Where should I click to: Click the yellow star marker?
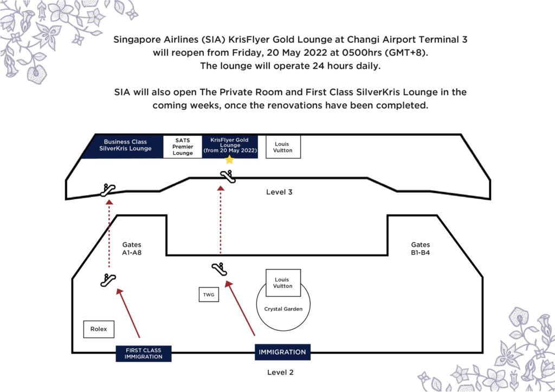(x=229, y=160)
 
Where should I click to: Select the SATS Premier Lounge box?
(x=183, y=147)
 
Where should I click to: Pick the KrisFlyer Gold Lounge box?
(x=230, y=146)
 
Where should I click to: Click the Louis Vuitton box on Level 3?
(x=283, y=147)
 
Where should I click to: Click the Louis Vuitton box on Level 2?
(x=283, y=283)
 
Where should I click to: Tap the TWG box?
(x=209, y=295)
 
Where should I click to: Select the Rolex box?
(x=99, y=329)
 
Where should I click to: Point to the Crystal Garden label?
(x=283, y=309)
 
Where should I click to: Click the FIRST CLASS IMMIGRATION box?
(x=143, y=354)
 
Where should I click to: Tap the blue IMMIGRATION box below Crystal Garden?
(x=282, y=352)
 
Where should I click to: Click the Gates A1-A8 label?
(x=132, y=249)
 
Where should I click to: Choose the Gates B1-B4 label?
(x=421, y=249)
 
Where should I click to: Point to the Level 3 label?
(x=279, y=192)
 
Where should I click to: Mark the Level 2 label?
(x=280, y=372)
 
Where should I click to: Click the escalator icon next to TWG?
(x=220, y=269)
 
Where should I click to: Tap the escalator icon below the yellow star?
(x=228, y=177)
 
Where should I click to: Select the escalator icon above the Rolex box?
(x=108, y=280)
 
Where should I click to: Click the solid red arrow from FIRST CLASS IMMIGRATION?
(x=128, y=313)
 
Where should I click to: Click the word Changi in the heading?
(x=362, y=39)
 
